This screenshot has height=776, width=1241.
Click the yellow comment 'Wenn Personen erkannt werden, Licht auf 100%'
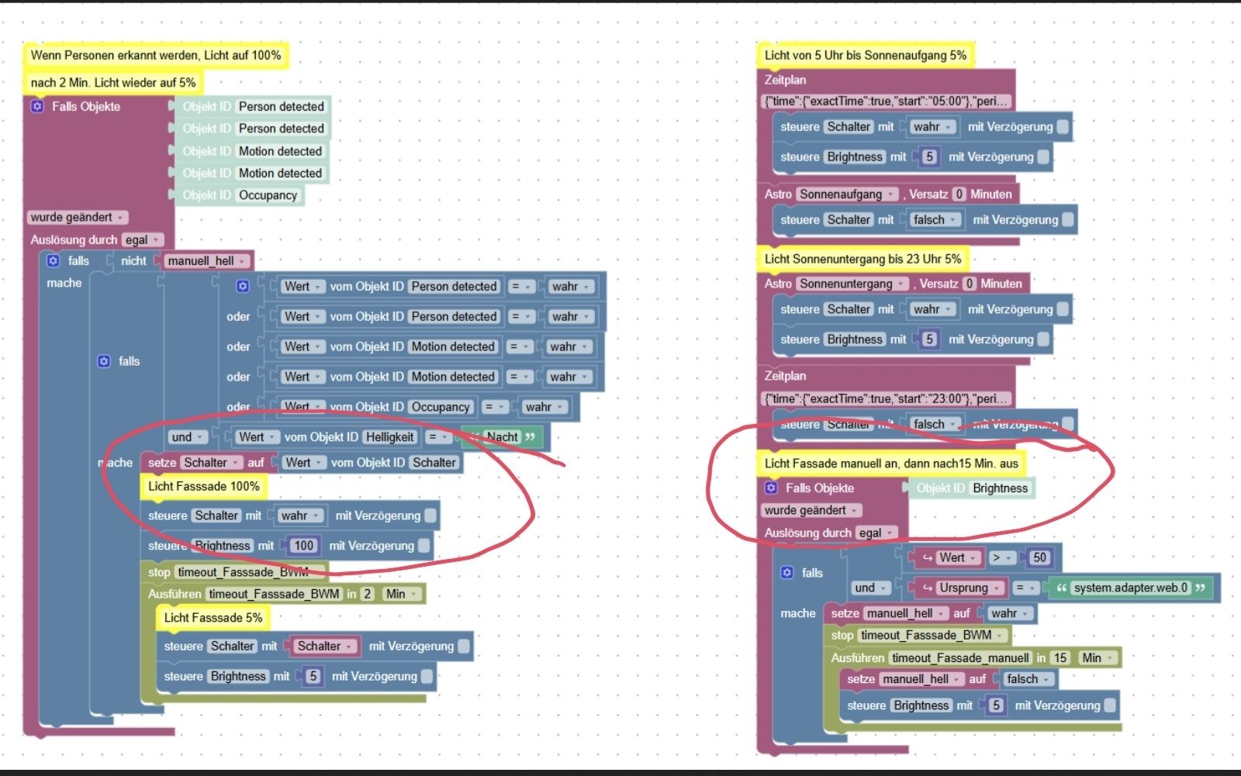pyautogui.click(x=155, y=55)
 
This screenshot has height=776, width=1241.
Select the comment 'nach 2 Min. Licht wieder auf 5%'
pyautogui.click(x=113, y=82)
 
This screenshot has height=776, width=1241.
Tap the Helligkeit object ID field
pyautogui.click(x=389, y=437)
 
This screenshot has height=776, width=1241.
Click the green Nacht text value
pyautogui.click(x=502, y=437)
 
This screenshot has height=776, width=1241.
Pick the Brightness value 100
pyautogui.click(x=303, y=546)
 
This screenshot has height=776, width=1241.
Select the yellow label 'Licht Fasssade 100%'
pyautogui.click(x=203, y=486)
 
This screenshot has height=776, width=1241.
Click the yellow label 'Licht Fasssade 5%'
pyautogui.click(x=213, y=618)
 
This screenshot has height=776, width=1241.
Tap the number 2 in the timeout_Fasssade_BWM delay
pyautogui.click(x=367, y=594)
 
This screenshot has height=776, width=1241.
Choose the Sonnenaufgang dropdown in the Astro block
pyautogui.click(x=846, y=194)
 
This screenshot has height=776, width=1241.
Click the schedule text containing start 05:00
pyautogui.click(x=886, y=101)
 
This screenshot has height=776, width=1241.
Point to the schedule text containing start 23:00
pyautogui.click(x=886, y=398)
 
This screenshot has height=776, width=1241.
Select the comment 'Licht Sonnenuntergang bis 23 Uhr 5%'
pyautogui.click(x=862, y=259)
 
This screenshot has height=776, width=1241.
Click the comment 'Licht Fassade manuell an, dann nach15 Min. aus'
pyautogui.click(x=891, y=464)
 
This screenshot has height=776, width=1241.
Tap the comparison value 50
pyautogui.click(x=1039, y=557)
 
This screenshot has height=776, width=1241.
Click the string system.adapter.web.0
pyautogui.click(x=1130, y=588)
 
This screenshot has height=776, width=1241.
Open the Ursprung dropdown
pyautogui.click(x=963, y=588)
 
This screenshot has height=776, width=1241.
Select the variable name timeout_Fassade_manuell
pyautogui.click(x=960, y=658)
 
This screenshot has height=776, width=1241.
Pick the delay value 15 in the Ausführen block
pyautogui.click(x=1060, y=658)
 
